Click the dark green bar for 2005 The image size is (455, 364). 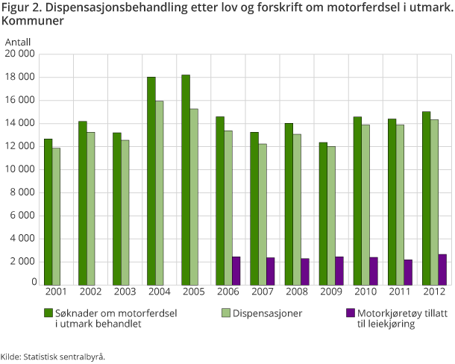pos(186,179)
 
